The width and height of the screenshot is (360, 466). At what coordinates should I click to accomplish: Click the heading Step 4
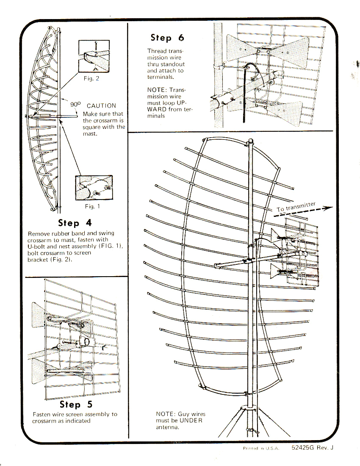click(75, 223)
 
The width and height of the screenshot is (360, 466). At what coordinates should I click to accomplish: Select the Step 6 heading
click(167, 38)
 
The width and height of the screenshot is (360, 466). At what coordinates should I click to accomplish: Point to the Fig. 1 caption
click(89, 206)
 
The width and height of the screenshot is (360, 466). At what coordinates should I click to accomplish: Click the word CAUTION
click(101, 106)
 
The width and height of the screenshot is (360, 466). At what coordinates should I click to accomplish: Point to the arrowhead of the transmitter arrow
click(329, 208)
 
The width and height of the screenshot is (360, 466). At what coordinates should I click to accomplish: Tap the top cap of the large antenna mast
click(250, 141)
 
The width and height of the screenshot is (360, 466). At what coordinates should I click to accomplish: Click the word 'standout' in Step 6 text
click(173, 64)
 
